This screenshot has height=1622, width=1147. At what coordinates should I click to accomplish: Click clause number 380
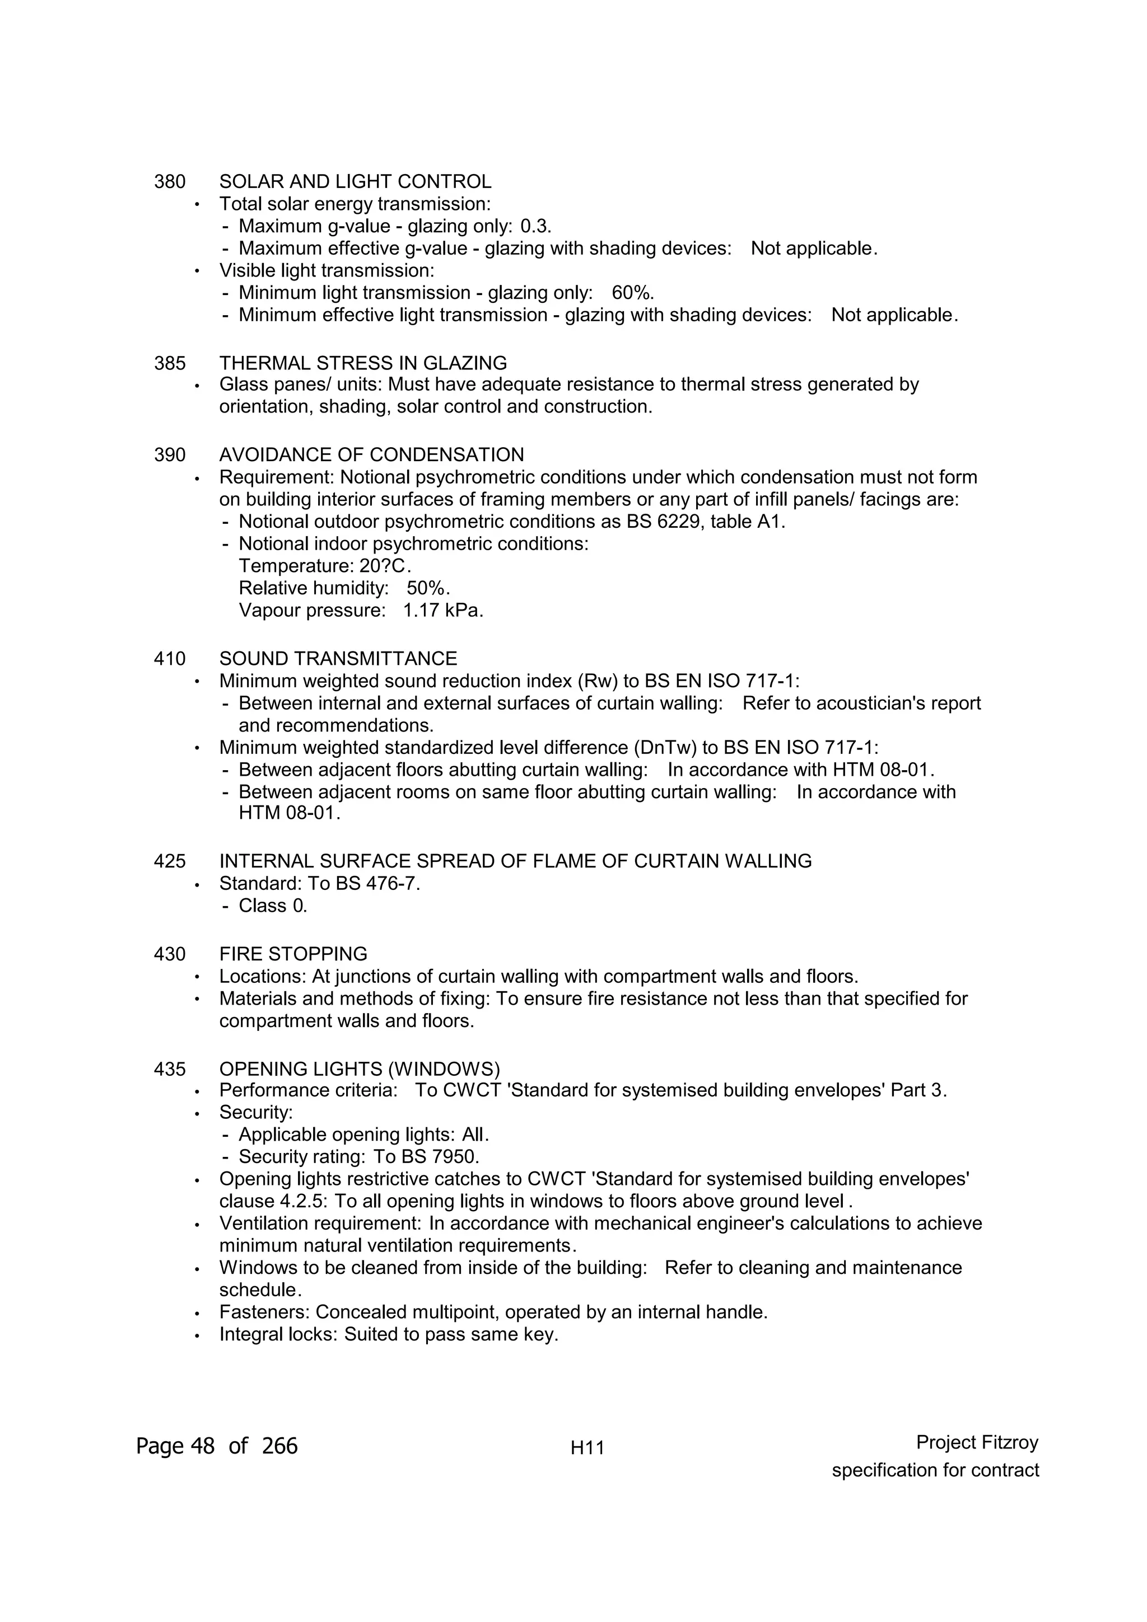coord(170,182)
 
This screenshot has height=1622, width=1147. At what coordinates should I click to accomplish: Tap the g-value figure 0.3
coord(535,227)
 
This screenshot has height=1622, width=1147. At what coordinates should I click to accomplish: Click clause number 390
coord(170,455)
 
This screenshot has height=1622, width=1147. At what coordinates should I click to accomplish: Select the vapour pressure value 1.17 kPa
coord(442,611)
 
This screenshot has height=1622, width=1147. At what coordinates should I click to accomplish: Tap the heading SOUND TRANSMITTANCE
coord(338,659)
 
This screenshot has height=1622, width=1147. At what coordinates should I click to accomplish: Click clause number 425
coord(170,861)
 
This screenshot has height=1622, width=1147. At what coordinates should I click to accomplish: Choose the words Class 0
coord(273,906)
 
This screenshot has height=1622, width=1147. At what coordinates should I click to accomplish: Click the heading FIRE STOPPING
coord(293,954)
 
